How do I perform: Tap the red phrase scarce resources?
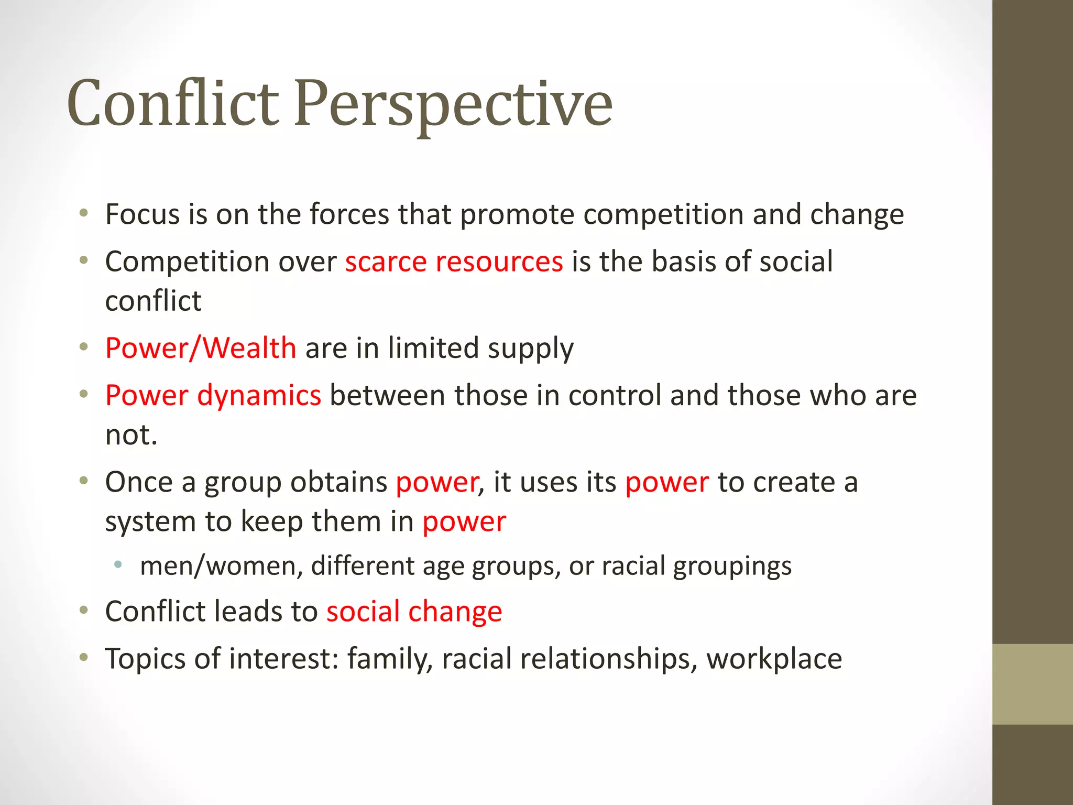[x=454, y=262]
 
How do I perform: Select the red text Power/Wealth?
[x=201, y=348]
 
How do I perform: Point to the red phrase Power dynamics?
[x=213, y=395]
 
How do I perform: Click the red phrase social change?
[x=414, y=612]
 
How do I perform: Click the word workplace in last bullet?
[x=774, y=659]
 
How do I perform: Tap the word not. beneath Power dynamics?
[x=131, y=435]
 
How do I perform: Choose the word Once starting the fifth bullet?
[x=139, y=482]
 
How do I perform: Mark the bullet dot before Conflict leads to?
[x=84, y=610]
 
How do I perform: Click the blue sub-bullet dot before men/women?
[x=118, y=564]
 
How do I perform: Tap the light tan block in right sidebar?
[x=1032, y=684]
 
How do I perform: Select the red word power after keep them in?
[x=464, y=522]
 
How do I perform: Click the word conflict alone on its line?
[x=153, y=301]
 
